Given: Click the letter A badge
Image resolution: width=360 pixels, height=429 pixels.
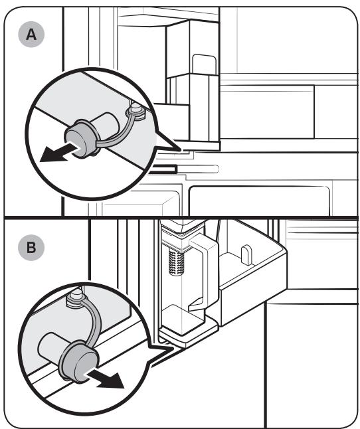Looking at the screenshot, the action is (31, 35).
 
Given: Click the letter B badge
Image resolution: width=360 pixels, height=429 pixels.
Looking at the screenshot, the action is (31, 248).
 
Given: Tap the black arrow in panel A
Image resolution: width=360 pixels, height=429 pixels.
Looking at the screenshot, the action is (60, 153).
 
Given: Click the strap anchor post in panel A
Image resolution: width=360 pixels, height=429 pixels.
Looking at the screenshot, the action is (135, 110).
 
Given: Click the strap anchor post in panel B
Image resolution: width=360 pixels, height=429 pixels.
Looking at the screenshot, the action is (76, 297).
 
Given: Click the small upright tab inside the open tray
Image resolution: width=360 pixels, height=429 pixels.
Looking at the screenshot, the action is (246, 255).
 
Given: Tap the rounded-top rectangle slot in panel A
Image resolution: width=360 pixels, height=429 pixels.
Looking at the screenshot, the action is (204, 64).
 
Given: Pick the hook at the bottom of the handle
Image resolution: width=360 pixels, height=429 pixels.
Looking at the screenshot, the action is (197, 304).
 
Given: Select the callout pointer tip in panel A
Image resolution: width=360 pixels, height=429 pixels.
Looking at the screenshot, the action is (181, 150).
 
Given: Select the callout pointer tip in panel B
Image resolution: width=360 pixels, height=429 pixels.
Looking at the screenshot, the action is (173, 347).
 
